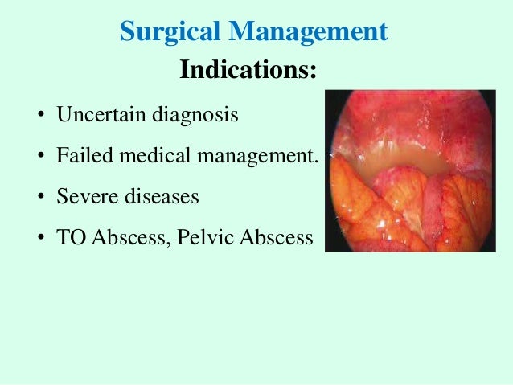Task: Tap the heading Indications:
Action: click(247, 70)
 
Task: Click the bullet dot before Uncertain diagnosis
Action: click(39, 116)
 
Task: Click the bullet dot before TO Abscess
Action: click(39, 239)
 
